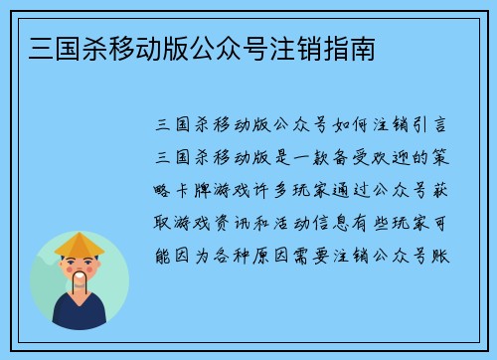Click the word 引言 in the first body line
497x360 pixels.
(434, 126)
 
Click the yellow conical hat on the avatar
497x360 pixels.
(80, 244)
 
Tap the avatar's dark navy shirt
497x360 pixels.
(80, 315)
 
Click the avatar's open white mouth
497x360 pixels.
(80, 277)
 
